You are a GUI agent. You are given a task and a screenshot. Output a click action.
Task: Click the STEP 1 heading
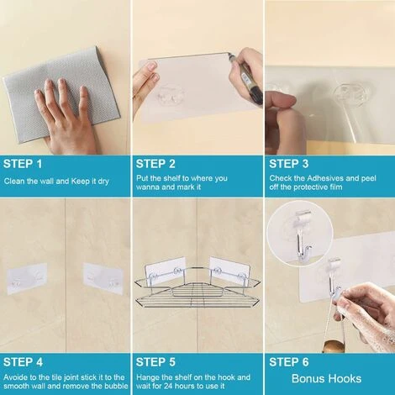(23, 164)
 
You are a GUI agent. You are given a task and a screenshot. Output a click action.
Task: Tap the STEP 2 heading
(155, 164)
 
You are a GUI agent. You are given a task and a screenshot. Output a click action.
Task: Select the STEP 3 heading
(289, 164)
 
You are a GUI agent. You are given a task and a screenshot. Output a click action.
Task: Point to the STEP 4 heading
(23, 362)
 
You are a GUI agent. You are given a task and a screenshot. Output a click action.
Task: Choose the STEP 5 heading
(155, 362)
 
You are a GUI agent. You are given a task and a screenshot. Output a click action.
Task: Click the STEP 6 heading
(289, 362)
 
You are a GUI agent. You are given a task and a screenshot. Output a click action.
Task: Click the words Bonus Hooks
(326, 379)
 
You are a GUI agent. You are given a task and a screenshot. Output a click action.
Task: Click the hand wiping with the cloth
(66, 118)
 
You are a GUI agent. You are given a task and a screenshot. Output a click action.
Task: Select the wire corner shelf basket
(197, 288)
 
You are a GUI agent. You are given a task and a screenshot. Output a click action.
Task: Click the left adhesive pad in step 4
(27, 278)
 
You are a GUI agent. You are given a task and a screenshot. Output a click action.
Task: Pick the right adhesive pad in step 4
(103, 279)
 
